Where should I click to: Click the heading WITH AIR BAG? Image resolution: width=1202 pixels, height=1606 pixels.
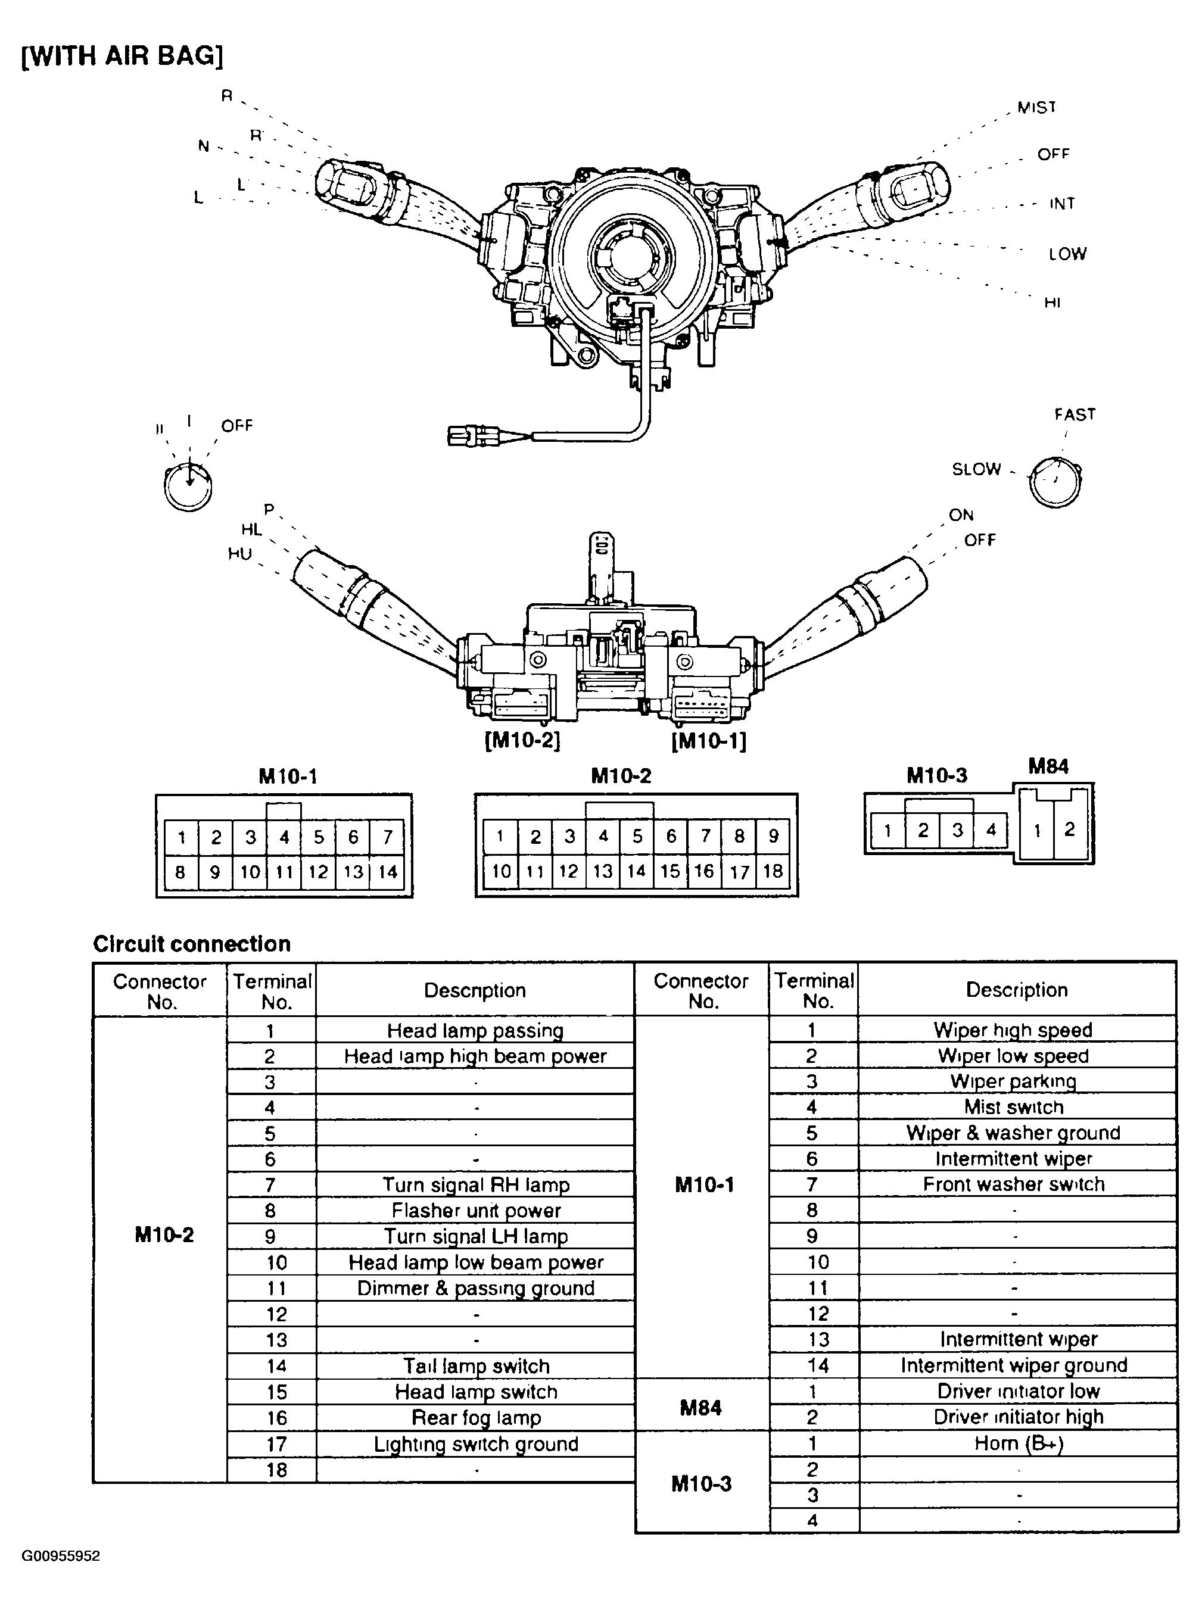click(122, 55)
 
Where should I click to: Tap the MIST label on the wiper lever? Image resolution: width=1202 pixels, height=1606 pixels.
click(1036, 107)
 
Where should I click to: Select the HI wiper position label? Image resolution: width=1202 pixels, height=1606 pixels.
click(1052, 303)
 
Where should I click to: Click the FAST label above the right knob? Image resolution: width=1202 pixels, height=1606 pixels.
click(1074, 414)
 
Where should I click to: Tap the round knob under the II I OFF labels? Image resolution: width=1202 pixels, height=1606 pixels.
click(188, 487)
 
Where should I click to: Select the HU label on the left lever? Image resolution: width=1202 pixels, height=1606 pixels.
click(239, 554)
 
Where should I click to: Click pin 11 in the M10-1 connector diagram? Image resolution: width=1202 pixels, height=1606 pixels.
click(284, 872)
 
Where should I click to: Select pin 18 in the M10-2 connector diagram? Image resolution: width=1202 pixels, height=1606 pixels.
click(773, 871)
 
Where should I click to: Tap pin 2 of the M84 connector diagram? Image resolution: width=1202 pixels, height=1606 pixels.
click(1069, 829)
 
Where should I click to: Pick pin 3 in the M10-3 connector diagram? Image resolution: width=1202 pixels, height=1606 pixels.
click(957, 830)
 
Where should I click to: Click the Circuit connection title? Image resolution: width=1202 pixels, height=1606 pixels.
click(192, 944)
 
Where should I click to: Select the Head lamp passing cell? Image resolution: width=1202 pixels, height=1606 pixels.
click(475, 1030)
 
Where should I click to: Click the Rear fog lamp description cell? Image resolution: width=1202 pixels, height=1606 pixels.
click(475, 1417)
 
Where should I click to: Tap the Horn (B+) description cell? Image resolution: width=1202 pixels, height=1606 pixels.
click(1017, 1443)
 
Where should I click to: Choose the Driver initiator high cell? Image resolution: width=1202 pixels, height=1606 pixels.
click(1017, 1417)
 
